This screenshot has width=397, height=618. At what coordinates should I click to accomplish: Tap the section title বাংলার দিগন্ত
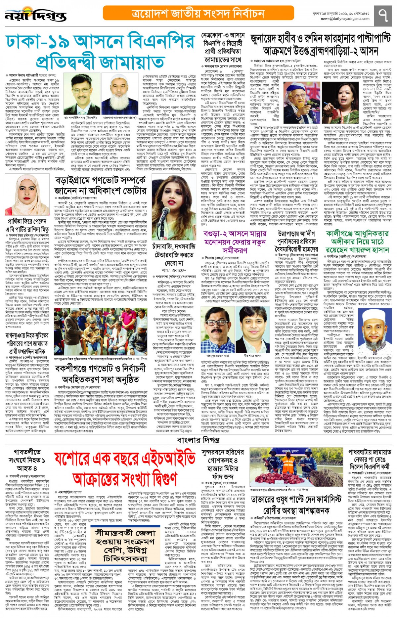point(198,440)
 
